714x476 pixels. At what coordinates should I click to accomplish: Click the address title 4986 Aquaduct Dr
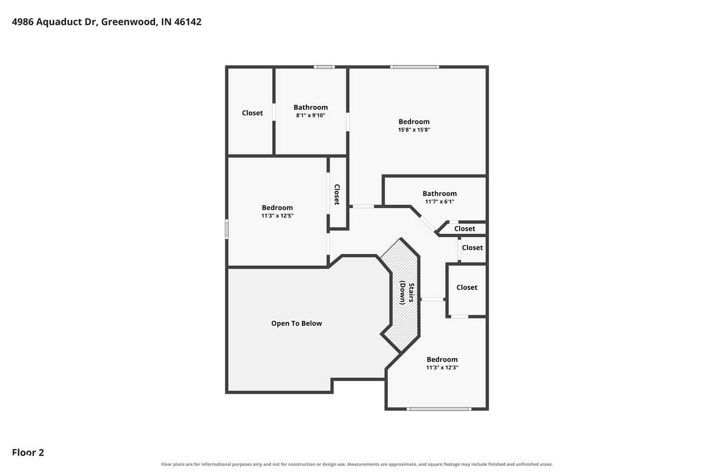point(55,22)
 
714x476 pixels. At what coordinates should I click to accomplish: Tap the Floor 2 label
point(28,453)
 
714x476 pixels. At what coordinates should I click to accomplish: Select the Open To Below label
point(296,323)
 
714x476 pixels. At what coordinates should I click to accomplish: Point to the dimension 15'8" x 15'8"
point(414,130)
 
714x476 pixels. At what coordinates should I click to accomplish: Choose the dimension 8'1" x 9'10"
point(311,116)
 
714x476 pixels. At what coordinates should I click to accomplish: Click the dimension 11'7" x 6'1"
point(440,201)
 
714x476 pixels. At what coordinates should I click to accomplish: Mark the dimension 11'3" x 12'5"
point(277,215)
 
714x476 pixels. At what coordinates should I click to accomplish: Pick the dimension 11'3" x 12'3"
point(442,367)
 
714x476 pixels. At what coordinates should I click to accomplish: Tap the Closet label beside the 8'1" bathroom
point(252,113)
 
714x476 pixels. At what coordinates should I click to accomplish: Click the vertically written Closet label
point(337,195)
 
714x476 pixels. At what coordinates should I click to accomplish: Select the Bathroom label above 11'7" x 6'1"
point(440,194)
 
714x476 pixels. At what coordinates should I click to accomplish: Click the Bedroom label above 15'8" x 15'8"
point(414,122)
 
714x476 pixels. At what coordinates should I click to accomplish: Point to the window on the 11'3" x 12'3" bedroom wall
point(438,408)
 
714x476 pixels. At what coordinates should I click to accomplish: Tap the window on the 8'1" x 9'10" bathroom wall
point(324,67)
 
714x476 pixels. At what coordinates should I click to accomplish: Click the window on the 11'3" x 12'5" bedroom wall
point(226,229)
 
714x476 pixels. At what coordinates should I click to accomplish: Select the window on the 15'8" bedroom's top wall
point(414,67)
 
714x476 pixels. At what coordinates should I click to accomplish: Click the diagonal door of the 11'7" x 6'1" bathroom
point(427,224)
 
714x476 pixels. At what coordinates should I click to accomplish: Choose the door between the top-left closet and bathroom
point(274,112)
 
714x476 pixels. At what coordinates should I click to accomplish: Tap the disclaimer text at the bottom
point(356,464)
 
